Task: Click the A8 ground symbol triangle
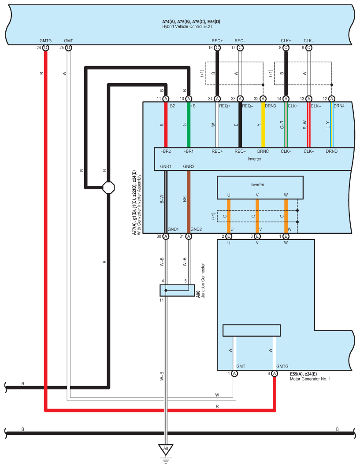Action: coord(166,450)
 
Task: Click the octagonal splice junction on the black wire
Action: coord(108,187)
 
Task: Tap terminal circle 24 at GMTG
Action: coord(45,48)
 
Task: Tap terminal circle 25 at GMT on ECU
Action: coord(68,48)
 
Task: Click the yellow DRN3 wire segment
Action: coord(263,125)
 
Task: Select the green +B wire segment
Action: coord(189,125)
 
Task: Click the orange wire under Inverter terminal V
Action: coord(257,216)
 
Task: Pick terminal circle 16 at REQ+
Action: coord(217,48)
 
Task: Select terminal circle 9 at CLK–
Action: coord(309,48)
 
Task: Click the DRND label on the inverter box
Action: coord(332,151)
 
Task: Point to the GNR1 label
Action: coord(165,166)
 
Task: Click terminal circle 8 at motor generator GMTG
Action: coord(275,373)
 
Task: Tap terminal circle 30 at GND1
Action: coord(166,236)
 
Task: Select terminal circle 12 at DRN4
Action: coord(332,99)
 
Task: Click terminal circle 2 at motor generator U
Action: coord(229,236)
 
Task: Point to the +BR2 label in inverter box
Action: coord(166,151)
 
